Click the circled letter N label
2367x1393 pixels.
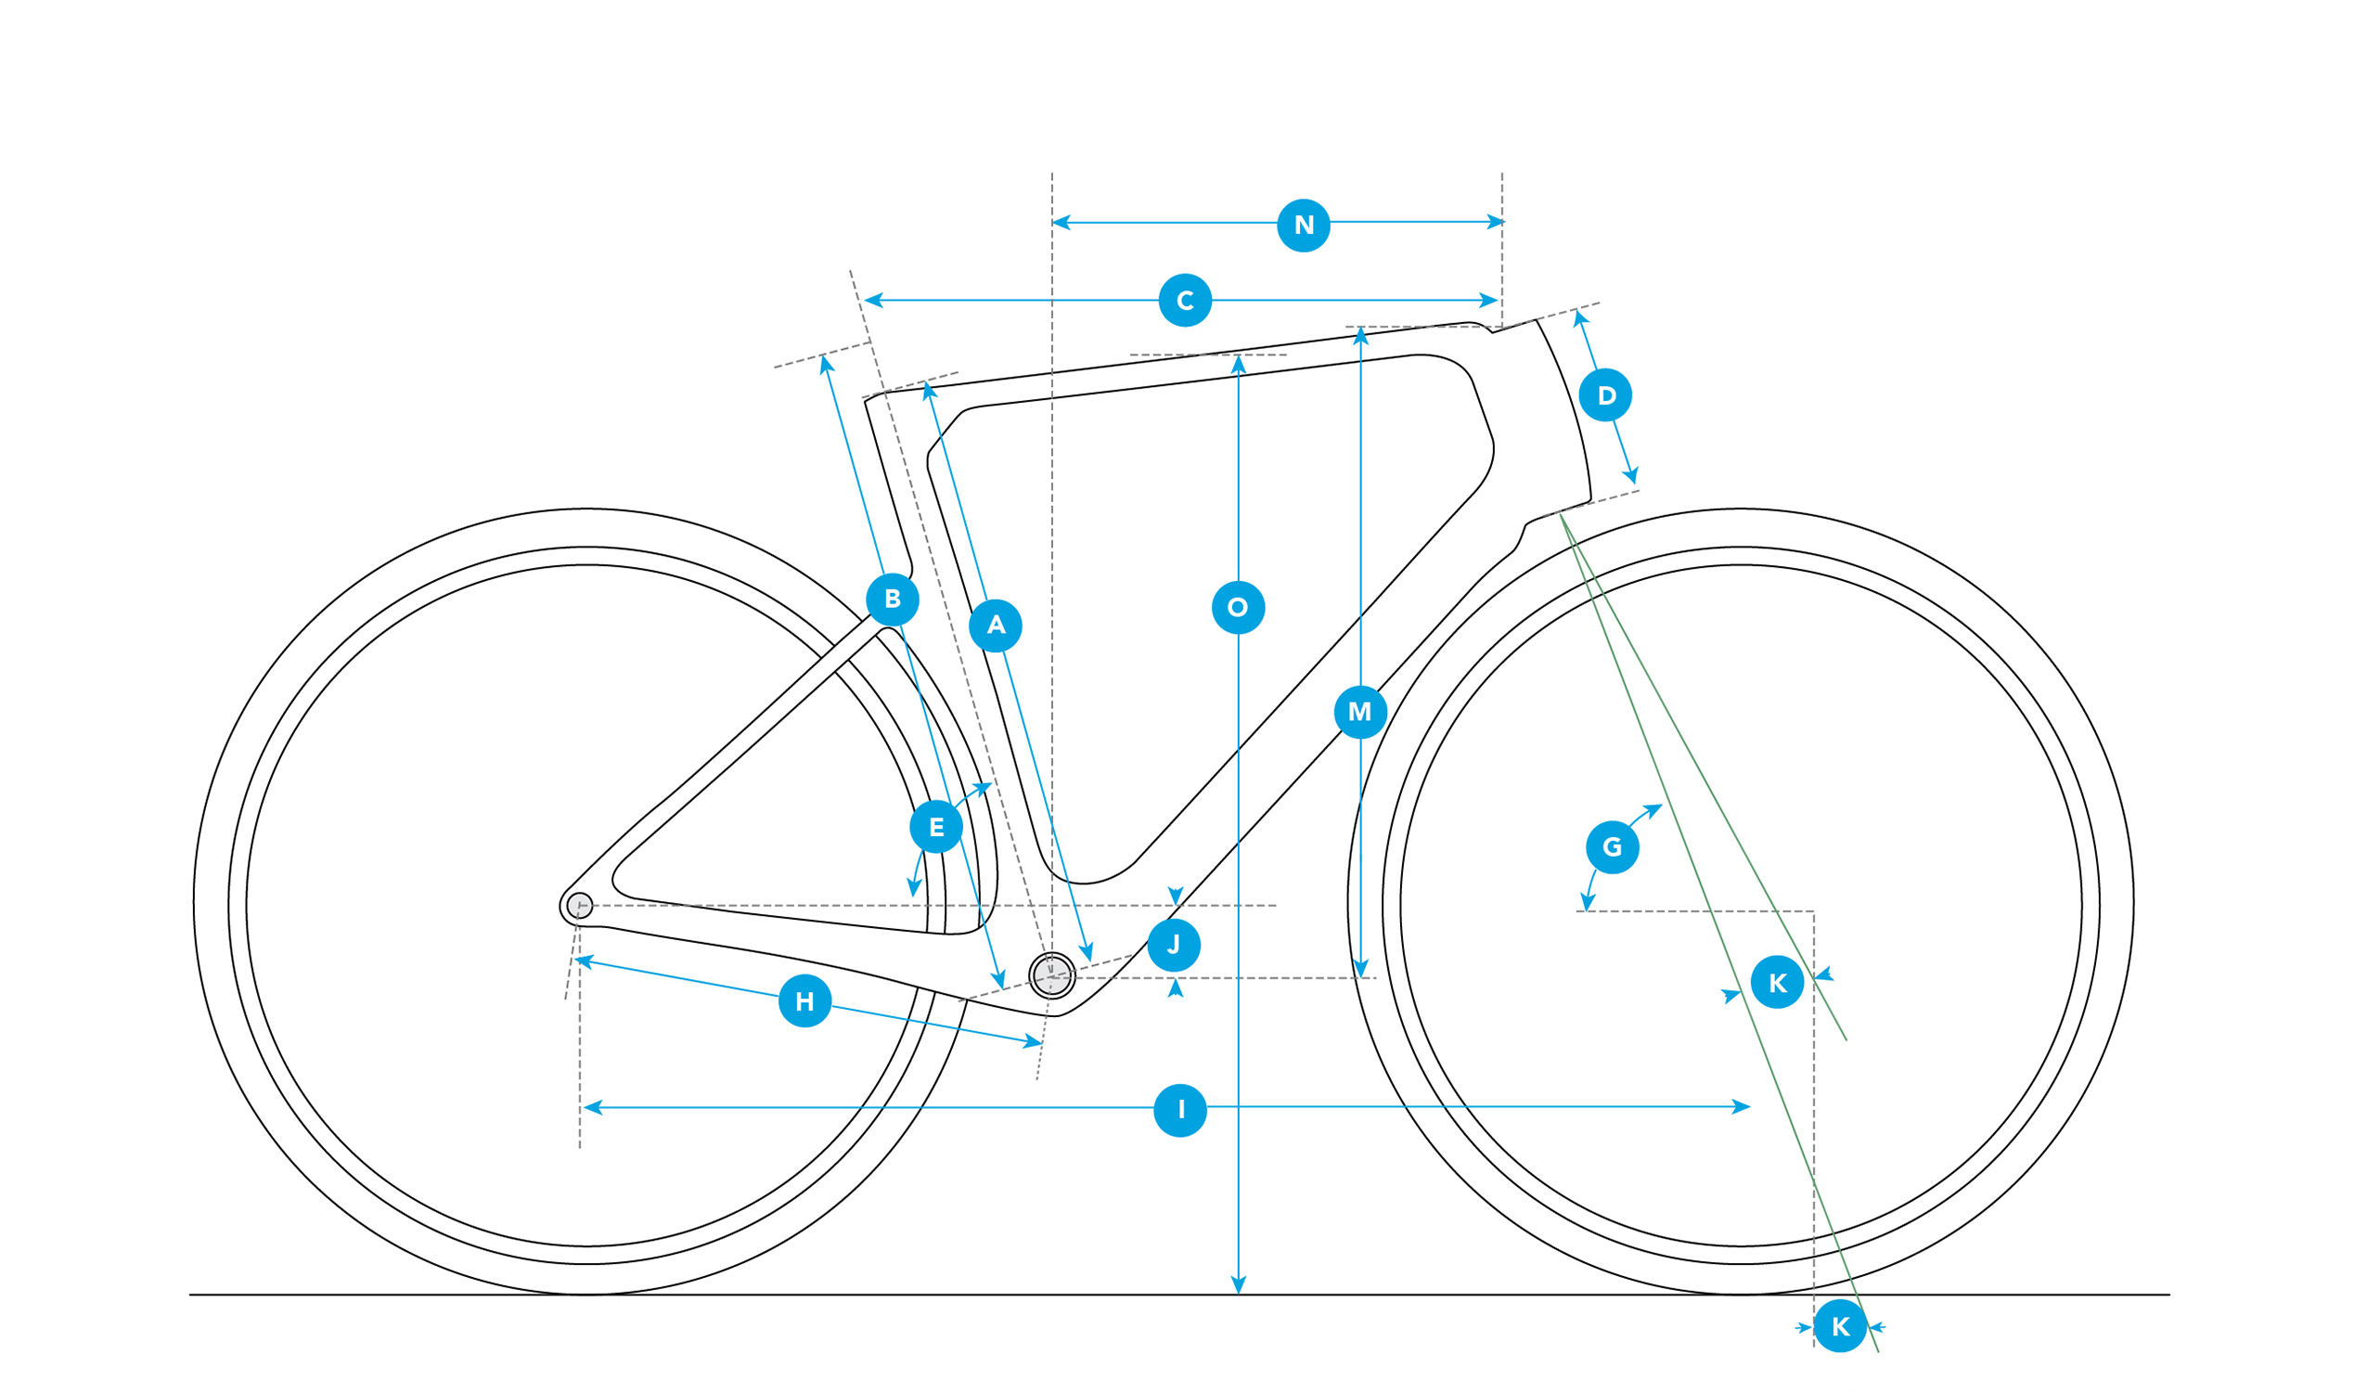[x=1304, y=226]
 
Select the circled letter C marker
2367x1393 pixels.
[x=1186, y=301]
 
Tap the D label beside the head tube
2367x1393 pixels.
[x=1605, y=395]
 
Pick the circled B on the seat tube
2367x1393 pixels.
[x=893, y=600]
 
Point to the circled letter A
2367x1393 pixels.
[x=996, y=626]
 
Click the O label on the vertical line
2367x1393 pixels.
[x=1238, y=608]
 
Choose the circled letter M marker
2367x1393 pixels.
[x=1360, y=712]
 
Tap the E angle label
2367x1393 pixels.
[x=936, y=827]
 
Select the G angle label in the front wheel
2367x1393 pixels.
[x=1613, y=847]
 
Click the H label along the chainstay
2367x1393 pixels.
[x=805, y=1001]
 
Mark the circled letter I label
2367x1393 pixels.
[x=1180, y=1110]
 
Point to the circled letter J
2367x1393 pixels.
[x=1174, y=945]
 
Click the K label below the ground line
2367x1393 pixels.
[x=1840, y=1326]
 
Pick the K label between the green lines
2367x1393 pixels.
[x=1777, y=983]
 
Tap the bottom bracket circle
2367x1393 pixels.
[x=1052, y=975]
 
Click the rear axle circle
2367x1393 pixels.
[x=580, y=906]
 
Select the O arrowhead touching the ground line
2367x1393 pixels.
[x=1238, y=1285]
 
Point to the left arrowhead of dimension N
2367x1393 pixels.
[x=1061, y=223]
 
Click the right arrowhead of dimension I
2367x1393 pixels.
[x=1741, y=1106]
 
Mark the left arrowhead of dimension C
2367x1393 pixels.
[x=873, y=301]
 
